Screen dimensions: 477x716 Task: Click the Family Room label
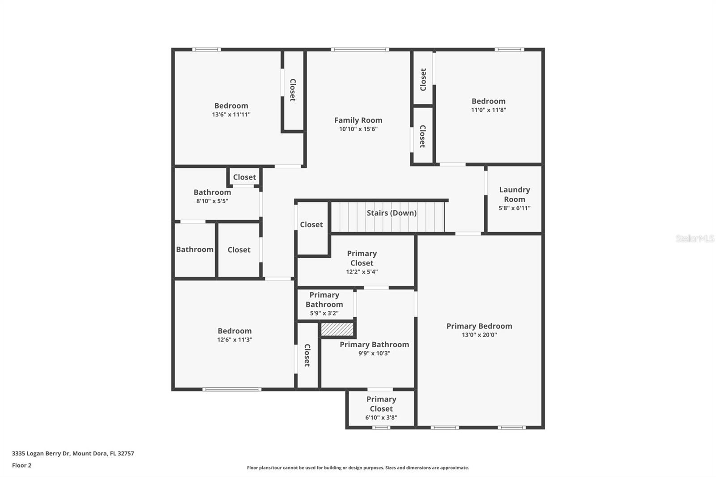point(358,120)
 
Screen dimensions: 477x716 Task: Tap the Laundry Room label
point(514,195)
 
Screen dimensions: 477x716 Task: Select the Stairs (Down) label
point(392,213)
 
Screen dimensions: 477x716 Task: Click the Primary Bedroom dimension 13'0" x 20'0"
point(479,335)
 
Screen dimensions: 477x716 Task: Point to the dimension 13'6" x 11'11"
point(231,115)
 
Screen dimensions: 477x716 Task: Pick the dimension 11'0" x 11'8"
point(488,110)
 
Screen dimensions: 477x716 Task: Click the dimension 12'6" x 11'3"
point(234,340)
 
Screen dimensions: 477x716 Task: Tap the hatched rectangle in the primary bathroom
point(337,329)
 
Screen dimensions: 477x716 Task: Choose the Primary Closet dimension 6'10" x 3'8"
point(381,417)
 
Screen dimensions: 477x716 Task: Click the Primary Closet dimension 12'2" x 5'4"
point(362,272)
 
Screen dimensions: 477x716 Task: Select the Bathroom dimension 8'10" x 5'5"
point(212,201)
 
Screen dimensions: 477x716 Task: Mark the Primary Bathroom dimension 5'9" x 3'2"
point(324,314)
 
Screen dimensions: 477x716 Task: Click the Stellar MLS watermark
point(695,238)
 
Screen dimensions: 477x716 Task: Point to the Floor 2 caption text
point(21,465)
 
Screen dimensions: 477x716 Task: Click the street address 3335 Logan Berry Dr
point(41,453)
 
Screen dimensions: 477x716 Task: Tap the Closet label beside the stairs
point(311,225)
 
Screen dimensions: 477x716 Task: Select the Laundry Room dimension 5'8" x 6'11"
point(514,208)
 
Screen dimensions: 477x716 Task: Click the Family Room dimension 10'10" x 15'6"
point(358,129)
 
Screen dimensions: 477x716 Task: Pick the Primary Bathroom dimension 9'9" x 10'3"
point(374,353)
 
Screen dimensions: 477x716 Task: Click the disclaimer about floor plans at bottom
point(358,468)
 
